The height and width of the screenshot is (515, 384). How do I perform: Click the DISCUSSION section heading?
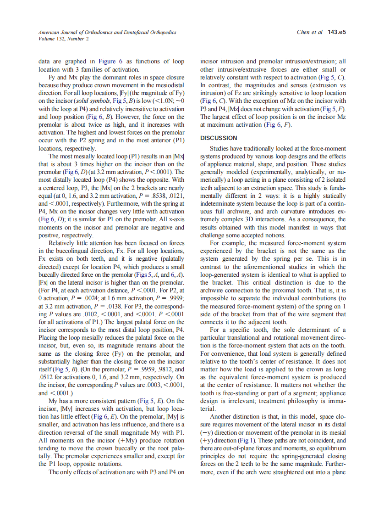click(219, 138)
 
